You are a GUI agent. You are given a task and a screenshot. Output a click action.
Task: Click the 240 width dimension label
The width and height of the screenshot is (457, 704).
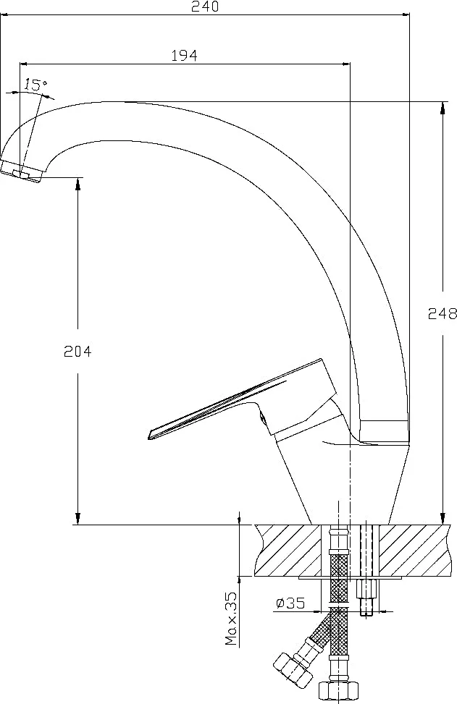(205, 7)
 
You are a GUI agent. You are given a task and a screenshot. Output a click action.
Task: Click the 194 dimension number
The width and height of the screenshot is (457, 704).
(184, 55)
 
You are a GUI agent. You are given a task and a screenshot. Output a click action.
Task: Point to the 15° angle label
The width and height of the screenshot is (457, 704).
(35, 84)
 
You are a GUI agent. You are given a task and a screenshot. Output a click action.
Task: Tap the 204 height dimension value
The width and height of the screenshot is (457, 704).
(77, 351)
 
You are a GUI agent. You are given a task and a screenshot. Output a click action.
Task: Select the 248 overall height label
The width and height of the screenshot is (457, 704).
(443, 313)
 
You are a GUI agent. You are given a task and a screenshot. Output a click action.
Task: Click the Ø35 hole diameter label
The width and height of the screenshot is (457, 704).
(290, 603)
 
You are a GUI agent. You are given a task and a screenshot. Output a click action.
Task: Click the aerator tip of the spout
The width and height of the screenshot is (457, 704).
(22, 171)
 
